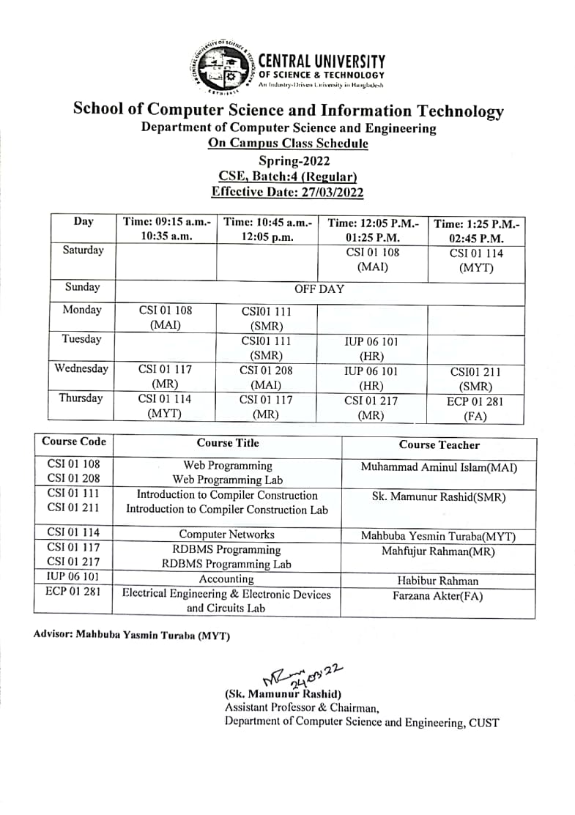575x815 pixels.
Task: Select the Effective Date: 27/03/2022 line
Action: [x=287, y=192]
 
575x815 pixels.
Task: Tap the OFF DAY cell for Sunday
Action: [x=319, y=289]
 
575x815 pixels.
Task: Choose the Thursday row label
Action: [x=83, y=399]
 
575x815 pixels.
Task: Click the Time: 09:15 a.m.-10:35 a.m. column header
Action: [x=166, y=229]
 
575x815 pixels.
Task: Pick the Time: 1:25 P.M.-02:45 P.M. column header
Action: [x=476, y=231]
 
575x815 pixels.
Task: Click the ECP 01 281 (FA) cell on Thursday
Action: [x=475, y=409]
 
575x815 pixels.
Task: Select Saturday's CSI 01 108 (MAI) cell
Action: [x=373, y=260]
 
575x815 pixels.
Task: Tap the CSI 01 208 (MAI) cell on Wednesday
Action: [x=266, y=378]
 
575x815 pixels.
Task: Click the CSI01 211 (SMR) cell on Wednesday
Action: [x=475, y=379]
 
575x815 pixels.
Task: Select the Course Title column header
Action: [x=228, y=443]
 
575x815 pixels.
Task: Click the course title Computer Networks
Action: [x=227, y=535]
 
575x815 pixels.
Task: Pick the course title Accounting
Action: [x=227, y=579]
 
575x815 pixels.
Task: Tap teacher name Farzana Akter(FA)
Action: [x=438, y=596]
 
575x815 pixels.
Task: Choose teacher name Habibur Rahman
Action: [x=438, y=581]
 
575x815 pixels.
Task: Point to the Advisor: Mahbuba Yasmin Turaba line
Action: [x=132, y=635]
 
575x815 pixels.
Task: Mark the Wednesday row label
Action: [x=81, y=368]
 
